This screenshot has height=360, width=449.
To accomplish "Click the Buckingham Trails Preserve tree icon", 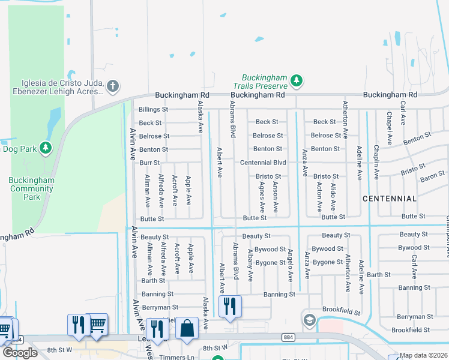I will [296, 80].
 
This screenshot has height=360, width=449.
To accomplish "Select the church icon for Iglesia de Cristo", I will [113, 87].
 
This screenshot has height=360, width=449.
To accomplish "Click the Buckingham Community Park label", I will [32, 188].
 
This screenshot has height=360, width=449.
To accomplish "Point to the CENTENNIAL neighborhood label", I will [390, 198].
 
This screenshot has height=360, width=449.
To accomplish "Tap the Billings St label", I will [153, 110].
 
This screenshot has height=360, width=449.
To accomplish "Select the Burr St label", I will [149, 163].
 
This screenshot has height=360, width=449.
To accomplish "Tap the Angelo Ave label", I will [289, 266].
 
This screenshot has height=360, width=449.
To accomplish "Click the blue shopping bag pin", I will [187, 329].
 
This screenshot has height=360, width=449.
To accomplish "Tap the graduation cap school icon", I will [309, 319].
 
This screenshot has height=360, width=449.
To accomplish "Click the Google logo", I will [20, 353].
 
